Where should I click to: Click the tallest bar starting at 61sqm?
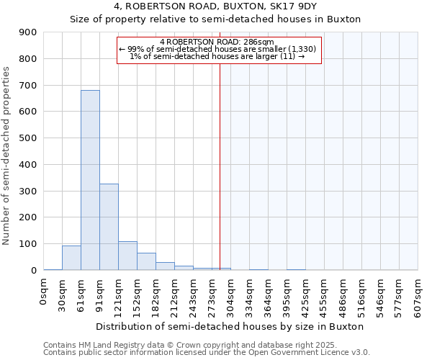pyautogui.click(x=90, y=180)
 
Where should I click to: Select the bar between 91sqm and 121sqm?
pyautogui.click(x=109, y=227)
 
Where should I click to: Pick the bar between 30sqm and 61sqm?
pyautogui.click(x=71, y=258)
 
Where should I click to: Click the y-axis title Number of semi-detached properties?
pyautogui.click(x=7, y=156)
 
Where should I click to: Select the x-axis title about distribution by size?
pyautogui.click(x=230, y=326)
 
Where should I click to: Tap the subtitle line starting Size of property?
pyautogui.click(x=215, y=19)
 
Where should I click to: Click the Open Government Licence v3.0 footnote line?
pyautogui.click(x=207, y=353)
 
